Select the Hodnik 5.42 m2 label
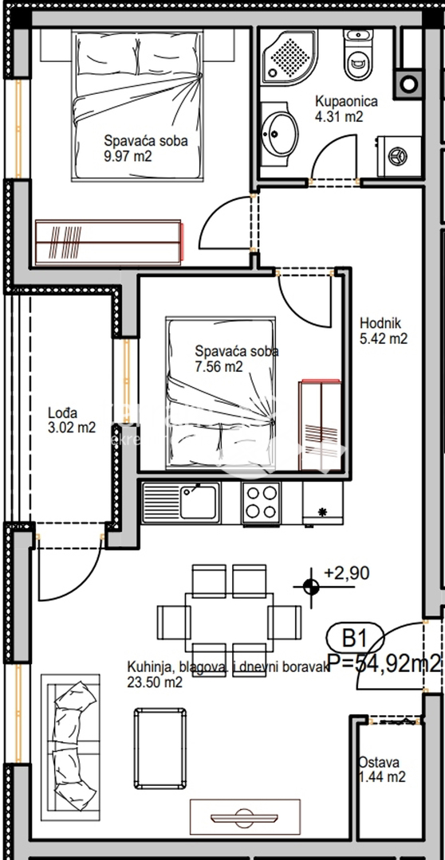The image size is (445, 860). [384, 330]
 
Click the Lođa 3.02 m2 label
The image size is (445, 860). [70, 420]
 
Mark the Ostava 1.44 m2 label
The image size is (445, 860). [381, 769]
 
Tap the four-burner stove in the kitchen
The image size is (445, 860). [261, 502]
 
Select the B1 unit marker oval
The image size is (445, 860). [354, 639]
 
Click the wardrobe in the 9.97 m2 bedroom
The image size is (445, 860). [109, 243]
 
